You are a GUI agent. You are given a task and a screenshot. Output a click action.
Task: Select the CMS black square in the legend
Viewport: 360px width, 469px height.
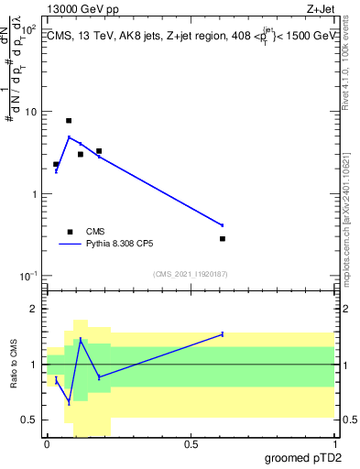[x=71, y=232]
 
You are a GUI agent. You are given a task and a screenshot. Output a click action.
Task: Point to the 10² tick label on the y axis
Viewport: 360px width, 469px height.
[x=28, y=29]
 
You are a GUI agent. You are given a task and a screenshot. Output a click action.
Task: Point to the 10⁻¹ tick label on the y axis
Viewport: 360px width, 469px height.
[x=28, y=276]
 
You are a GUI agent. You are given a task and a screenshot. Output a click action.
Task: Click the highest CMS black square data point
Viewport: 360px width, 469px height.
[x=69, y=121]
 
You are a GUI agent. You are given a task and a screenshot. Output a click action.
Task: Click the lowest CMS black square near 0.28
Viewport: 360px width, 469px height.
[x=223, y=239]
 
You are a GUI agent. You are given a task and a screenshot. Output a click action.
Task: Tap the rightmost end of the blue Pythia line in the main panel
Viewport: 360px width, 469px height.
[x=223, y=224]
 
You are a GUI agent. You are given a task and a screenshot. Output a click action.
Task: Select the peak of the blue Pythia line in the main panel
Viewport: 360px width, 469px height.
[x=69, y=137]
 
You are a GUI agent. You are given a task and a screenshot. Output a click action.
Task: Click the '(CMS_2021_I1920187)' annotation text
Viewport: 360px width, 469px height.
[x=191, y=273]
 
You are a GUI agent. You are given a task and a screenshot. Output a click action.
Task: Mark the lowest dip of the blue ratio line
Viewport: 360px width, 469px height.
[x=69, y=402]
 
